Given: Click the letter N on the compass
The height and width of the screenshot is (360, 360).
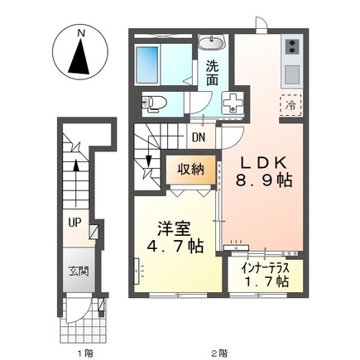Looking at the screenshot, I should pyautogui.click(x=81, y=33).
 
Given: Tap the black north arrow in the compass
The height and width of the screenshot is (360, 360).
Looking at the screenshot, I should pyautogui.click(x=81, y=57).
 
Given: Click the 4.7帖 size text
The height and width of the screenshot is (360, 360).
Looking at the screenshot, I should pyautogui.click(x=175, y=247).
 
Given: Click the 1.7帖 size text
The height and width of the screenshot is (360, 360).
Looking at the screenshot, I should pyautogui.click(x=264, y=282).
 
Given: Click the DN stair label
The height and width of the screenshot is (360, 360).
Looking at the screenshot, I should pyautogui.click(x=199, y=138).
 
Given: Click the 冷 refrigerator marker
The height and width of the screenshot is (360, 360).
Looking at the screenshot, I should pyautogui.click(x=292, y=105).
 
